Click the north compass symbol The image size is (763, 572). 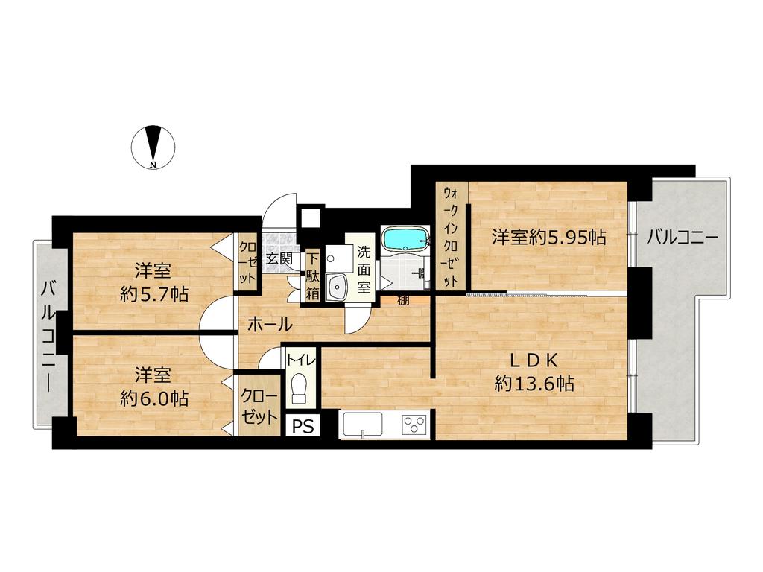153,147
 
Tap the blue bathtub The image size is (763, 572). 405,238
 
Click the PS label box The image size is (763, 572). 303,427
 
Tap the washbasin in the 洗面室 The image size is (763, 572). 336,287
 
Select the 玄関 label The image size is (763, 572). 279,258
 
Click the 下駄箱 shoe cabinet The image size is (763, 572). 312,277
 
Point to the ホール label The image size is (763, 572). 270,325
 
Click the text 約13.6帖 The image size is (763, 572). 534,384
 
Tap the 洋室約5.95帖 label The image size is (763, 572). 548,238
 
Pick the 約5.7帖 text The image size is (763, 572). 154,294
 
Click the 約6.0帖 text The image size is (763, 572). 154,399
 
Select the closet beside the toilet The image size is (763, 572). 259,406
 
